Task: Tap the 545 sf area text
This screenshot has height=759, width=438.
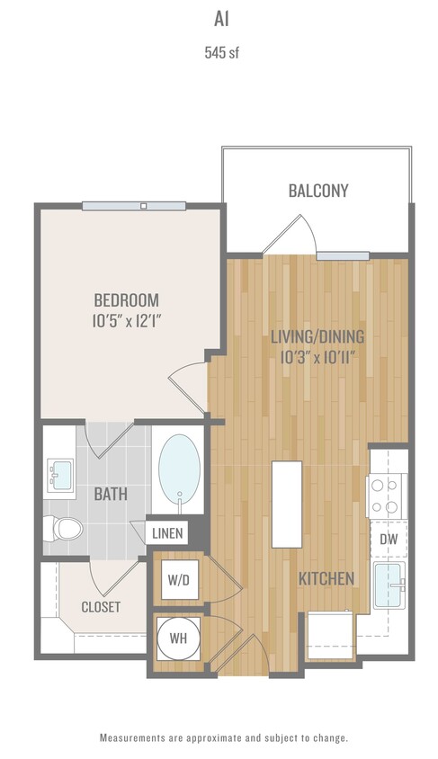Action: click(220, 52)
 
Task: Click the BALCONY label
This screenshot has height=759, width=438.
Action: click(318, 191)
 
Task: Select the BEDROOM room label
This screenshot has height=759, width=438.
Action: click(127, 299)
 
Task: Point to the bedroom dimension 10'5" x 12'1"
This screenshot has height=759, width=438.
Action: click(127, 320)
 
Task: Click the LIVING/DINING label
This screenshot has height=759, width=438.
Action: click(317, 336)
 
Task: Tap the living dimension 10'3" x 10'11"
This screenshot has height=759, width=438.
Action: click(317, 357)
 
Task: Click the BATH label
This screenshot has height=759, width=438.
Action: click(111, 494)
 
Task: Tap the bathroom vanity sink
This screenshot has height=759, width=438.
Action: click(60, 472)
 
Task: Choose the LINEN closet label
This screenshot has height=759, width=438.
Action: click(167, 533)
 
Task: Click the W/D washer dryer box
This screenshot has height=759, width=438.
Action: click(177, 580)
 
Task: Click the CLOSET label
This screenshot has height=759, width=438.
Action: click(101, 607)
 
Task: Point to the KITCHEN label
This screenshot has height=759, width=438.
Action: click(326, 578)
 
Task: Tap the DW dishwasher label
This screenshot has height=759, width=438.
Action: click(389, 539)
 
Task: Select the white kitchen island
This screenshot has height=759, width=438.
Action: click(286, 504)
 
